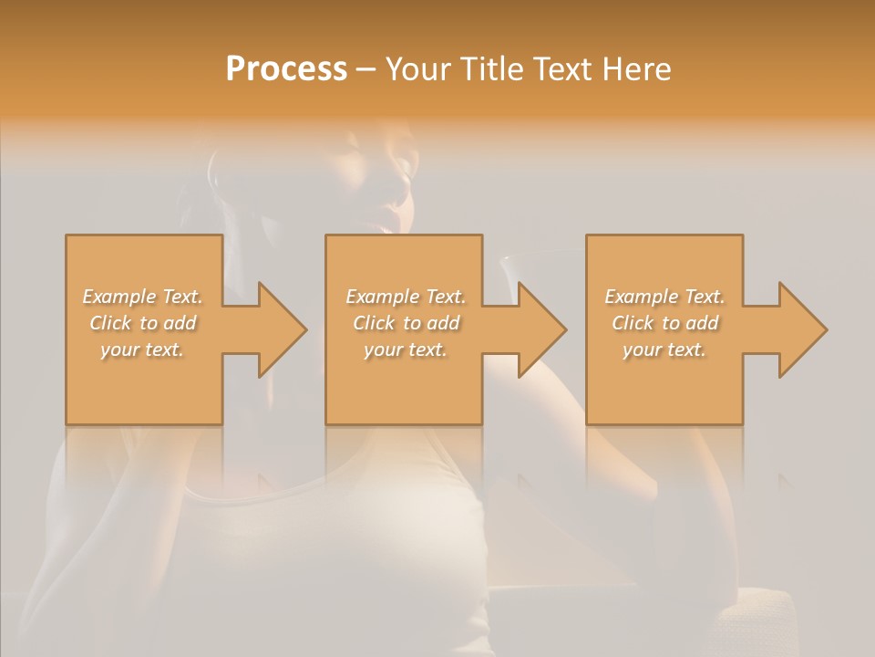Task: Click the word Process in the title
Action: [x=286, y=69]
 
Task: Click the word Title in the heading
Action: [x=492, y=69]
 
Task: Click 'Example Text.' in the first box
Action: [x=143, y=297]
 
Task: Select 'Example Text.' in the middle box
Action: [x=406, y=297]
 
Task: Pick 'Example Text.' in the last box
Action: [x=664, y=297]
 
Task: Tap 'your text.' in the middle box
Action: [x=406, y=349]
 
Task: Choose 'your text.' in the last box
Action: [x=664, y=349]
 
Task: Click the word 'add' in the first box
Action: [x=181, y=323]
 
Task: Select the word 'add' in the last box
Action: [x=703, y=323]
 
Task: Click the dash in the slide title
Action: [x=366, y=69]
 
